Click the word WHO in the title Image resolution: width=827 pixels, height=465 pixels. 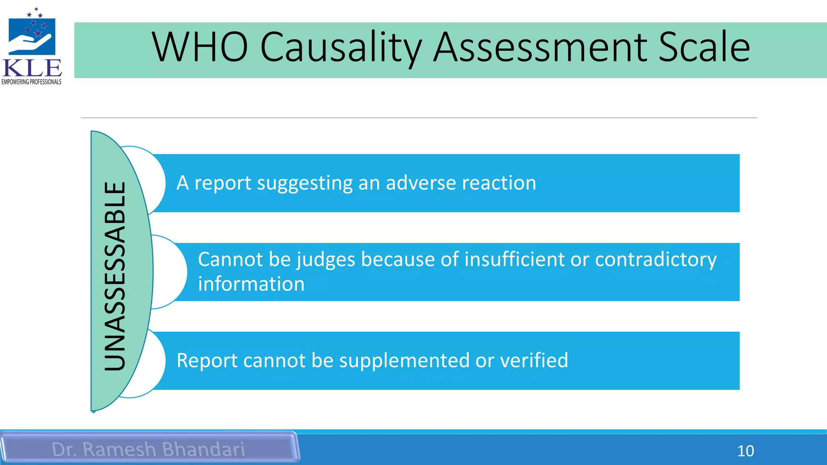[x=200, y=47]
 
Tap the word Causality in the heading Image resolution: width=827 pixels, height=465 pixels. [x=341, y=48]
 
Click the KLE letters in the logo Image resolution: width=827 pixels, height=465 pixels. [x=32, y=68]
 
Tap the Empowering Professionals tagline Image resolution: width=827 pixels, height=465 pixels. [x=31, y=82]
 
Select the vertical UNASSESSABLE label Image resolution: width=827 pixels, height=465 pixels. [x=115, y=276]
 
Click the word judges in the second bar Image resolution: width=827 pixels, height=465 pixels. [x=326, y=260]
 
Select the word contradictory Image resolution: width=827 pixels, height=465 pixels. [x=656, y=260]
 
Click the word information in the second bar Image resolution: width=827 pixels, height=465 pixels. [x=251, y=284]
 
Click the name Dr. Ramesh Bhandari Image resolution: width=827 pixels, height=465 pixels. [x=148, y=449]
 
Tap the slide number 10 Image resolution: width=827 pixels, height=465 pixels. [x=745, y=451]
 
